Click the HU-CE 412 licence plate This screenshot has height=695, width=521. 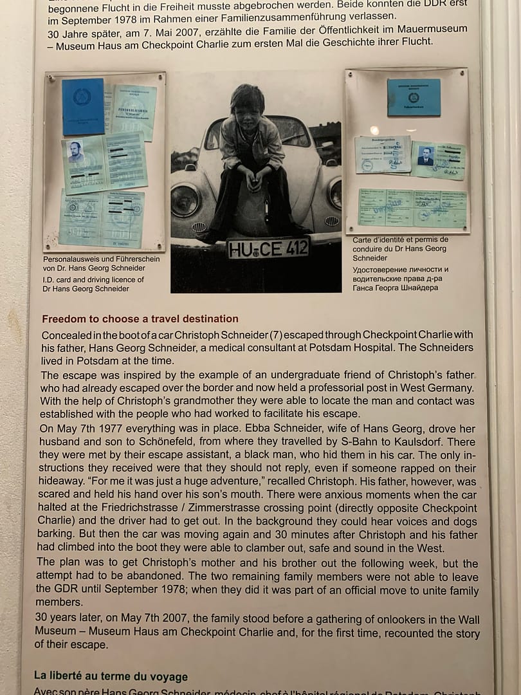coord(268,248)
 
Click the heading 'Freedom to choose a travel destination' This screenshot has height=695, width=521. coord(140,319)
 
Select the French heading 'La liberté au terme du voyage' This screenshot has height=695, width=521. coord(111,676)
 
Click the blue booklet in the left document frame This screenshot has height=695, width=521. coord(83,107)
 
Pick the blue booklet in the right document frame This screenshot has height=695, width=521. coord(414,97)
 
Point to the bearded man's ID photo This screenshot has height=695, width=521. coord(76,153)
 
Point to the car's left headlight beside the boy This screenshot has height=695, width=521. coord(185,199)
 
